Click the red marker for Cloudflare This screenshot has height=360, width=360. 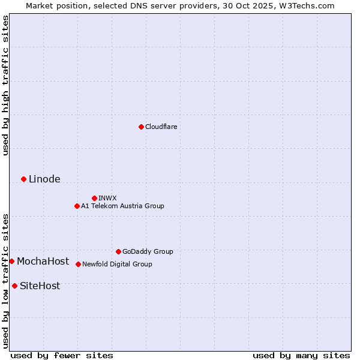[141, 127]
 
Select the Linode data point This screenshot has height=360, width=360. [23, 179]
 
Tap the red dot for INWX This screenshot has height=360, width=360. [94, 198]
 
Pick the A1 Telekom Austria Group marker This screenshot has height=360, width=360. [77, 206]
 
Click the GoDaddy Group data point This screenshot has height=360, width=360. [118, 251]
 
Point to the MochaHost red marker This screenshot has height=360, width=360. [11, 261]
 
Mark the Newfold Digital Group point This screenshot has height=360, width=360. [78, 264]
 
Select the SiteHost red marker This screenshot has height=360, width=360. [14, 286]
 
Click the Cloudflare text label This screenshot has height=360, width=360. [161, 127]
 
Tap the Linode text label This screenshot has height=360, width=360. [44, 179]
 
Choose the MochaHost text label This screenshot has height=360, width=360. [43, 261]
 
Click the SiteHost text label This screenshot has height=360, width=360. [40, 286]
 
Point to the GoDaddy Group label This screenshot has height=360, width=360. [148, 251]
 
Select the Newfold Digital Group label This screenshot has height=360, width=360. [117, 264]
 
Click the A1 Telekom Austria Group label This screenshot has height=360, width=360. [122, 206]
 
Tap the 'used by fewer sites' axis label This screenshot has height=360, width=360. [62, 355]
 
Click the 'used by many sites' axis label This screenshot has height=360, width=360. [301, 355]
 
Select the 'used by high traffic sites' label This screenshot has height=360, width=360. [5, 85]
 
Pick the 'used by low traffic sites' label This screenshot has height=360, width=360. [5, 280]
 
